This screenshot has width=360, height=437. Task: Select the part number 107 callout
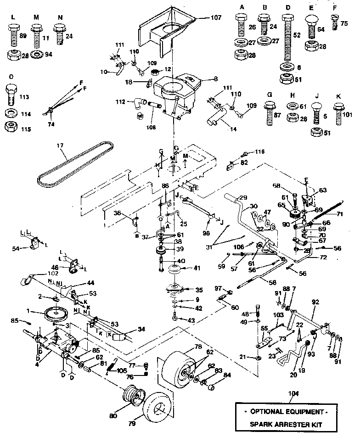click(x=203, y=17)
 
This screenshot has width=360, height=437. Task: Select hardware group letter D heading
click(x=287, y=8)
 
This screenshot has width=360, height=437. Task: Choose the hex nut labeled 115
click(x=11, y=127)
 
